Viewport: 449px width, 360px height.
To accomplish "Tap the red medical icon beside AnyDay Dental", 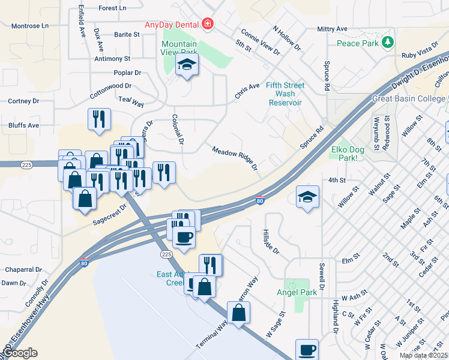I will [208, 24].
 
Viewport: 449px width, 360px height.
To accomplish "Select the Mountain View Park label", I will [179, 48].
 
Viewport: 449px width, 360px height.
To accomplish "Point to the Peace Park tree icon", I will [388, 41].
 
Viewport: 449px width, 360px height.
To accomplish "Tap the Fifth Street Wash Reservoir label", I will [285, 94].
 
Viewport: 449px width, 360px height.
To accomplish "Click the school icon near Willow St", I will [307, 197].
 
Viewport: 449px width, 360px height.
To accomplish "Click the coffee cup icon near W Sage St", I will [307, 349].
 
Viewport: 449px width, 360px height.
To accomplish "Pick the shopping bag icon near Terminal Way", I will [238, 312].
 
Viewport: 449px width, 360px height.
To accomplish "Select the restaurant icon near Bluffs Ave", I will [99, 119].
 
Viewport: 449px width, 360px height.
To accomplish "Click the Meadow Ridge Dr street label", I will [235, 157].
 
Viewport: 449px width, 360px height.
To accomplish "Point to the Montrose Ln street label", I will [29, 26].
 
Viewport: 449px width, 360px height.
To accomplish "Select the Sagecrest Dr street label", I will [110, 214].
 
